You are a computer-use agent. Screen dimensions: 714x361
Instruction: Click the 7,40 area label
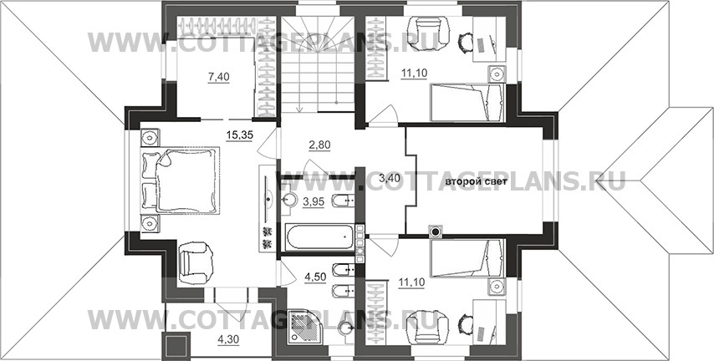pyautogui.click(x=218, y=78)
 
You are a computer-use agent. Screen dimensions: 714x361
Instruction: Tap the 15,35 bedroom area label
pyautogui.click(x=239, y=135)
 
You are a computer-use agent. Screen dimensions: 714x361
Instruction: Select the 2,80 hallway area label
pyautogui.click(x=319, y=145)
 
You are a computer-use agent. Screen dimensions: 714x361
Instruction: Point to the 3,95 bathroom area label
pyautogui.click(x=314, y=201)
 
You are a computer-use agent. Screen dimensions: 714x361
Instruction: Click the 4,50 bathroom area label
pyautogui.click(x=315, y=277)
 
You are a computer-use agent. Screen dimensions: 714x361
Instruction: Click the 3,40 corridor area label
pyautogui.click(x=390, y=178)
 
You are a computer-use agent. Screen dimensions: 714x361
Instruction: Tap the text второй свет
pyautogui.click(x=472, y=182)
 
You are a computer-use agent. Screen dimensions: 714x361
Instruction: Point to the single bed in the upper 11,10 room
pyautogui.click(x=467, y=103)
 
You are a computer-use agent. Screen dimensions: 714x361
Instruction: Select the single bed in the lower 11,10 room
pyautogui.click(x=467, y=258)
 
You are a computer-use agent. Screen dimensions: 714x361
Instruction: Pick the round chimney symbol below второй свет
pyautogui.click(x=436, y=231)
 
